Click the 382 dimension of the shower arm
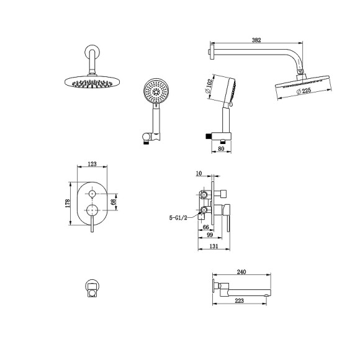coord(256,40)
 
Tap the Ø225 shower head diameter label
coord(304,91)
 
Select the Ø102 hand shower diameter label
coord(208,86)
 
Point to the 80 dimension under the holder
coord(221,148)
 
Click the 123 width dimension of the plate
coord(92,164)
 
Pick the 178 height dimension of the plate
coord(68,204)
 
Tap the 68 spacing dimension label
coord(113,202)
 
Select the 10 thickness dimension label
coord(199,173)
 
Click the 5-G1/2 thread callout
coord(178,218)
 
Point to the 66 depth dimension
coord(206,227)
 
